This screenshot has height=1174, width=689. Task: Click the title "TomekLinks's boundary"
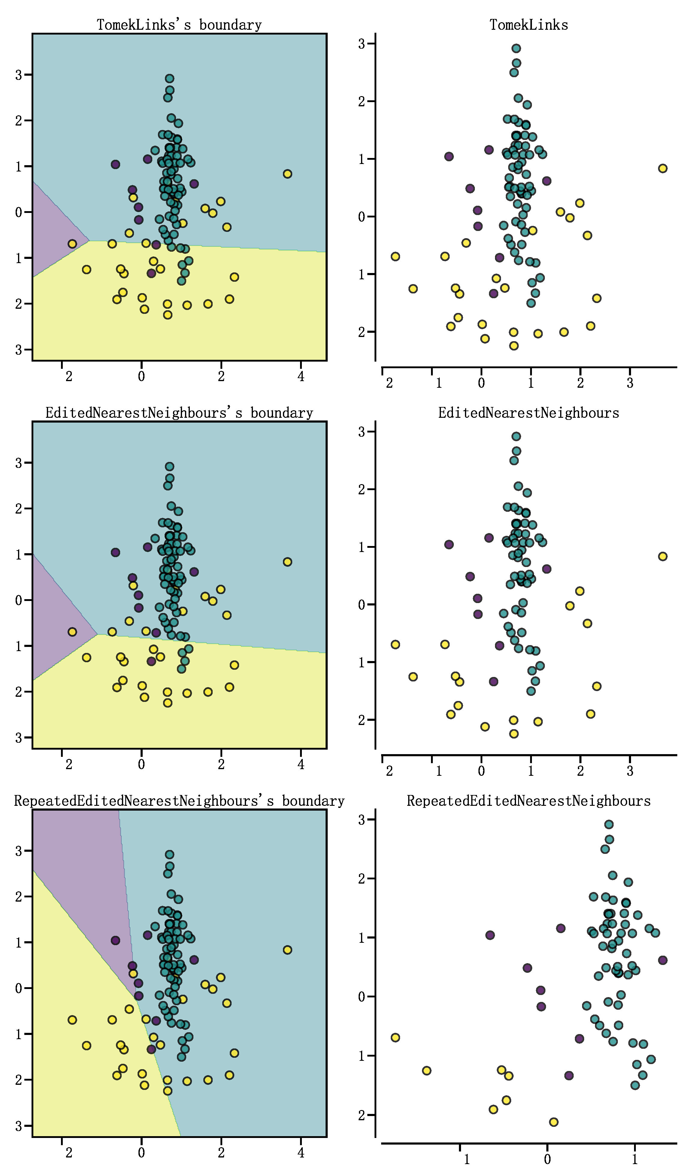[x=179, y=25]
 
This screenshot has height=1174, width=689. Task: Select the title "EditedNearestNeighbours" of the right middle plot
[x=528, y=413]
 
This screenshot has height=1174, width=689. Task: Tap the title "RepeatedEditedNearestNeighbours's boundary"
[x=179, y=801]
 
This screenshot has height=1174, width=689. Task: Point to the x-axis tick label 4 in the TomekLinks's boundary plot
[x=301, y=376]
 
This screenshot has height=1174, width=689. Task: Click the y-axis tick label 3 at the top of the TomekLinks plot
[x=362, y=44]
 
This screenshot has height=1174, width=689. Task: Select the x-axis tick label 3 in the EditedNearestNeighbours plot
[x=630, y=771]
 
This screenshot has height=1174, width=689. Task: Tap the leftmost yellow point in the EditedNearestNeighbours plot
[x=395, y=644]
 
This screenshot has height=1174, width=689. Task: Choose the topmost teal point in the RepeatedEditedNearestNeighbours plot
[x=609, y=824]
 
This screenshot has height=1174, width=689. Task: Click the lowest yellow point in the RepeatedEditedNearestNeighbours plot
[x=554, y=1122]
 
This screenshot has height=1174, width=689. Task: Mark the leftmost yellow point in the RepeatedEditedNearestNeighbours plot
[x=395, y=1038]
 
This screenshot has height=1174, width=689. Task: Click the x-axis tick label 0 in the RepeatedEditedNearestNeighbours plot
[x=547, y=1159]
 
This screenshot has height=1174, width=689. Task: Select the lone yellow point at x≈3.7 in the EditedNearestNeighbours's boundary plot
[x=287, y=562]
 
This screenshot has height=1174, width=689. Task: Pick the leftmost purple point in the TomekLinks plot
[x=449, y=156]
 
